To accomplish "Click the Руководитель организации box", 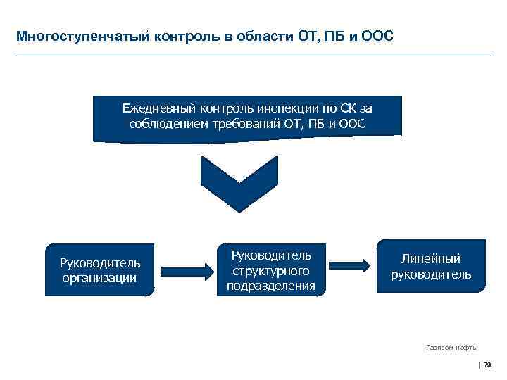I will pos(99,270).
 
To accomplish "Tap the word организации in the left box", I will pos(99,277).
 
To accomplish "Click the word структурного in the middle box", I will pos(271,270).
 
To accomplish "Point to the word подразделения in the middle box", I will pos(271,285).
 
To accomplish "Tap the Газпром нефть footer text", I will pos(451,347).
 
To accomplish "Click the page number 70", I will pos(487,365).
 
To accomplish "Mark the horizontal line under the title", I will pos(254,55).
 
